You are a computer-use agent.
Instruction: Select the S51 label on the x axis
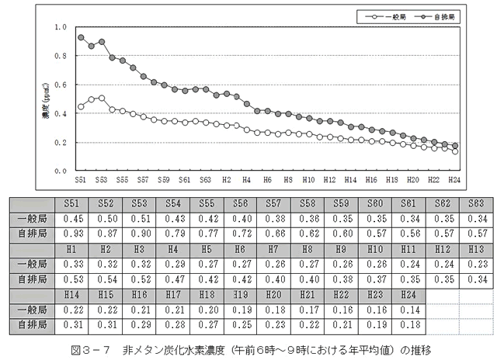(x=80, y=179)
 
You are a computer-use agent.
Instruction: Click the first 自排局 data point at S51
(x=81, y=37)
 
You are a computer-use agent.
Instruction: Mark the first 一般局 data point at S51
(x=81, y=106)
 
